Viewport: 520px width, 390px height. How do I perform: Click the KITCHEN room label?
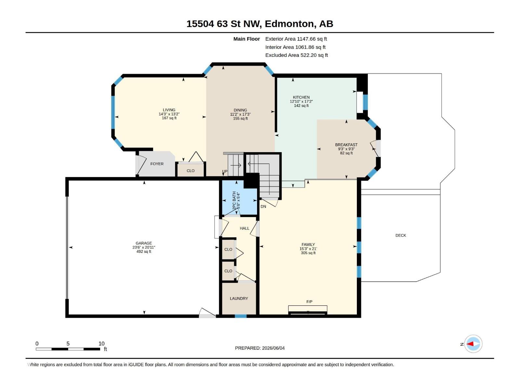301,97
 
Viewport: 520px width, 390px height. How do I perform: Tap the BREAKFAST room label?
346,145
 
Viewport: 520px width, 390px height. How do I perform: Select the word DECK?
401,235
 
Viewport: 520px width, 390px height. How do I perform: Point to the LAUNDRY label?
239,298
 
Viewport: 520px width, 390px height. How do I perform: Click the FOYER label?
157,164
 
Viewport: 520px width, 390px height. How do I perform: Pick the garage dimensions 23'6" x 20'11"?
144,247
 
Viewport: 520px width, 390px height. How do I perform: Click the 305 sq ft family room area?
308,253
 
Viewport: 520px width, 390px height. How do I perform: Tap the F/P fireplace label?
309,302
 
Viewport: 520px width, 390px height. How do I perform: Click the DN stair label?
263,206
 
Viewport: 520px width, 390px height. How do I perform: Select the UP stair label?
225,172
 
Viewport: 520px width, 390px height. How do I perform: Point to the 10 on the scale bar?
101,344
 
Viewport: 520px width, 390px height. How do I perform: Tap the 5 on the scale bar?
68,344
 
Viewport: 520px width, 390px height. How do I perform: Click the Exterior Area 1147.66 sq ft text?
296,39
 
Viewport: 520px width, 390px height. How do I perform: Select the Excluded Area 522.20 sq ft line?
297,55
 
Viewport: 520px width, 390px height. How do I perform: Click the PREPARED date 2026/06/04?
273,348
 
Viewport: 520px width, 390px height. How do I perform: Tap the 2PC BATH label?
234,200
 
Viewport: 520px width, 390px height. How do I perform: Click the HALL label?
244,228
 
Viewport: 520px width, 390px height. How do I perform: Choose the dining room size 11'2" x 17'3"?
240,114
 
